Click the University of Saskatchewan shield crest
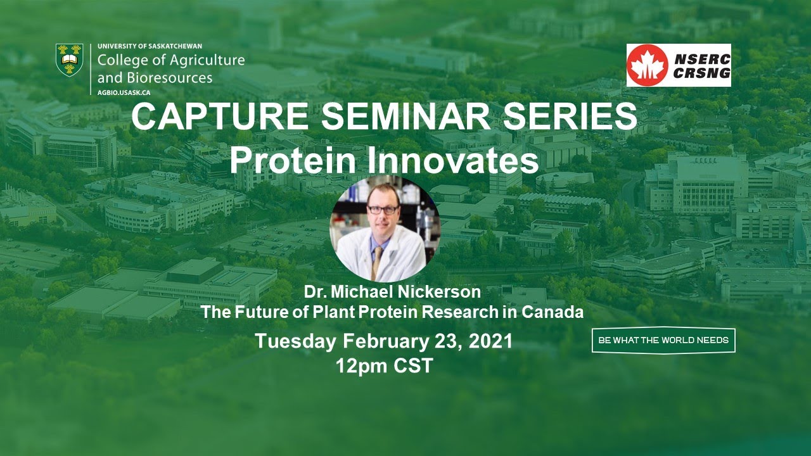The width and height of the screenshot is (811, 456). [x=69, y=60]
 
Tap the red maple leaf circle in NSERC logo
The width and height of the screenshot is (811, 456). [x=648, y=65]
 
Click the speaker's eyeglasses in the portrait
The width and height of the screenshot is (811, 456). [x=382, y=209]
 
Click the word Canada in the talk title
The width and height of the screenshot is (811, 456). [x=556, y=312]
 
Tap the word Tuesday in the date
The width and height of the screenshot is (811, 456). [x=295, y=341]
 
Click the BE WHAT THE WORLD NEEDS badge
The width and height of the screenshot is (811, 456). [x=663, y=340]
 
